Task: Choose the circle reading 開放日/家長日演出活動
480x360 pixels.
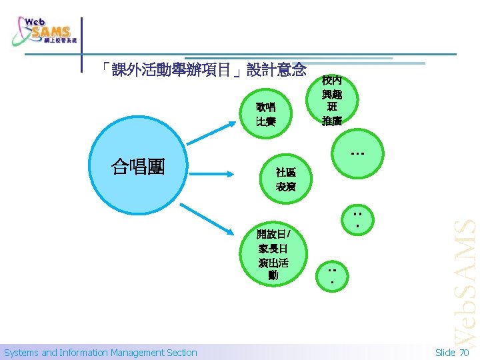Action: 273,254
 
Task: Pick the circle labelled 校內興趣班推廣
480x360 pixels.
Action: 331,100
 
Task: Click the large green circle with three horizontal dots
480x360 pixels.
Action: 356,154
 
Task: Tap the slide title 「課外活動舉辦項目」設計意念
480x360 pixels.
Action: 203,69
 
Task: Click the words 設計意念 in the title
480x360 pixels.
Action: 276,69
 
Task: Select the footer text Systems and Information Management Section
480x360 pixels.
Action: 101,353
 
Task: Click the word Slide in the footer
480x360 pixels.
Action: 445,353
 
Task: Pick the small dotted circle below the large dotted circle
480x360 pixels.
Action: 357,220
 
